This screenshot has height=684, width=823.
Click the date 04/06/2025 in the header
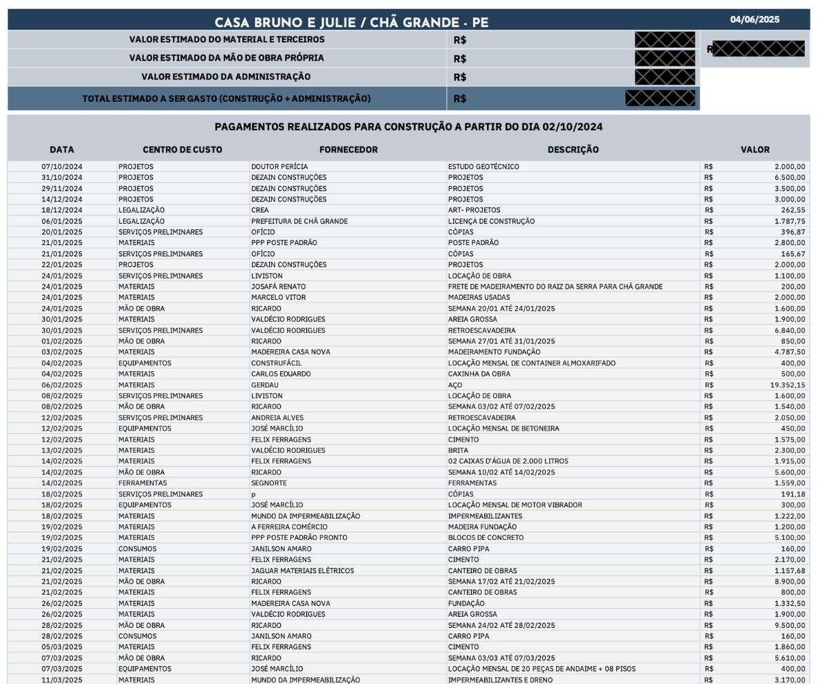pos(755,19)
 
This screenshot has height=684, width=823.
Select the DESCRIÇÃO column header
pos(573,150)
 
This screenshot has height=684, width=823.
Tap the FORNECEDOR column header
pos(349,150)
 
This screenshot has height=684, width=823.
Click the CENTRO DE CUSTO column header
pos(183,150)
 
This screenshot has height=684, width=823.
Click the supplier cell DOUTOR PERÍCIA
pos(279,167)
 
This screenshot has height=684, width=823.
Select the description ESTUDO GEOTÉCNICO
pos(483,167)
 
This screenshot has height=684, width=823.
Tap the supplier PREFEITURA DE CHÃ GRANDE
pos(299,222)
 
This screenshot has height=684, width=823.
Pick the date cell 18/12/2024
pos(62,210)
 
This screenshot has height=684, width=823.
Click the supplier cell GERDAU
pos(265,385)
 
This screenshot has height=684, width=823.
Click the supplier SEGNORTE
pos(269,483)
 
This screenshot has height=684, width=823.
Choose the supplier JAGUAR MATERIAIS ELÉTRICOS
pos(302,570)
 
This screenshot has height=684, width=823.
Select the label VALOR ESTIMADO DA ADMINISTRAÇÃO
pos(226,77)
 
